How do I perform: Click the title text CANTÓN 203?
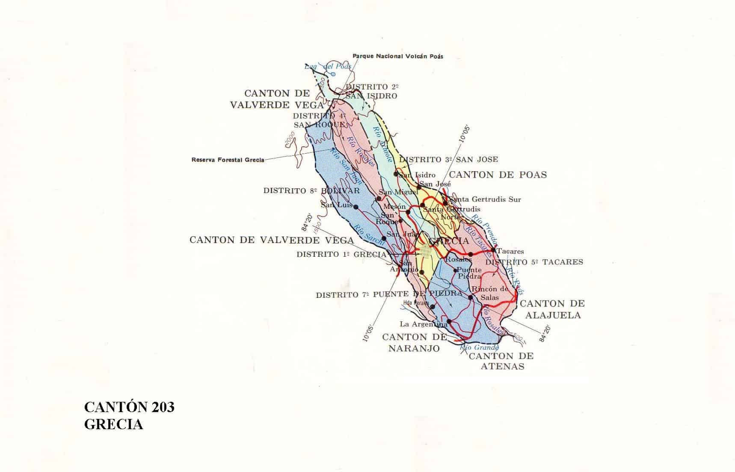129,407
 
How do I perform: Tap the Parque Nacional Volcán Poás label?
397,56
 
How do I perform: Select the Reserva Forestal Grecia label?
228,160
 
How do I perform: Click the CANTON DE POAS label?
498,175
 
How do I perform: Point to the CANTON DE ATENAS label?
501,361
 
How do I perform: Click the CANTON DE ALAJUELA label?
551,309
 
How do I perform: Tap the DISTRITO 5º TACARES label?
534,262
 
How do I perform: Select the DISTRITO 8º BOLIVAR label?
311,191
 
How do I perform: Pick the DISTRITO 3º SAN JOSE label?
448,160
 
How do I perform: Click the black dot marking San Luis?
356,207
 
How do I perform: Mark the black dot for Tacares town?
493,250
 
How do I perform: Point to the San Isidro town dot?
396,174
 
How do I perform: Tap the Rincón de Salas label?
489,293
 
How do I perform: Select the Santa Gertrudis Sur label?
483,199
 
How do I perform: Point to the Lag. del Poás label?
328,66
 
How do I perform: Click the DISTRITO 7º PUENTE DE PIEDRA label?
389,294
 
